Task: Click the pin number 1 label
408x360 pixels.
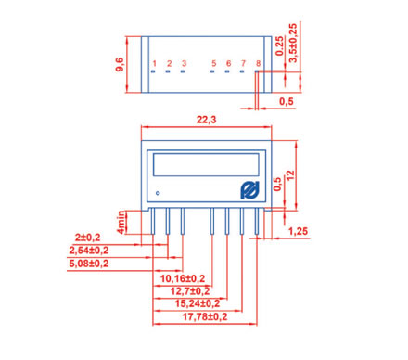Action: point(154,63)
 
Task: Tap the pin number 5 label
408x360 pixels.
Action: point(213,63)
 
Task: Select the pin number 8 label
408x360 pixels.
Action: point(258,63)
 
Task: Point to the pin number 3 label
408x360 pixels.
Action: point(184,63)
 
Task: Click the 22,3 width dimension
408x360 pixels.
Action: point(207,120)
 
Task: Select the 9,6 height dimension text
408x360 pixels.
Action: point(120,64)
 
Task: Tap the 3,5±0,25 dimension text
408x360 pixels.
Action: point(293,43)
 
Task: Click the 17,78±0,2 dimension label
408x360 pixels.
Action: point(205,316)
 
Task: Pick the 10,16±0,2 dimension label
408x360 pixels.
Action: point(183,278)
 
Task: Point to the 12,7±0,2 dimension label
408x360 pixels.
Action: point(190,291)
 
